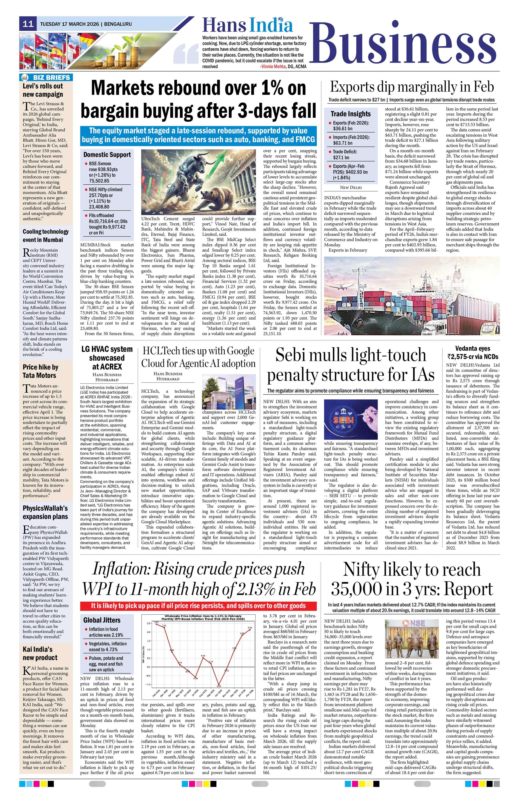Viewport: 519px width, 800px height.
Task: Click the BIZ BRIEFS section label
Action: tap(51, 78)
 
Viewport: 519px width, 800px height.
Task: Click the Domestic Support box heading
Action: tap(107, 155)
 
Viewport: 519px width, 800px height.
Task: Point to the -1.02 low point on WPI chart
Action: tap(219, 684)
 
